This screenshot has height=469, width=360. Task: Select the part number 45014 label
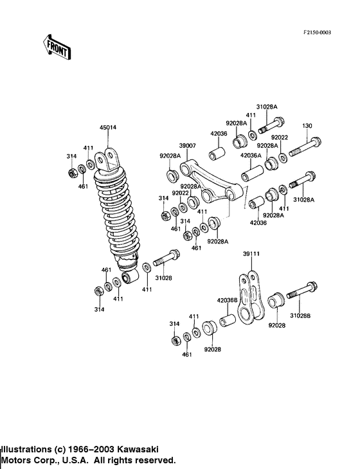pyautogui.click(x=108, y=128)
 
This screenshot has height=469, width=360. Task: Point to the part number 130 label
pyautogui.click(x=307, y=125)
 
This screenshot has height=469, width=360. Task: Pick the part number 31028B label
pyautogui.click(x=300, y=315)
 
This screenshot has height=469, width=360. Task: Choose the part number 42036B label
pyautogui.click(x=226, y=299)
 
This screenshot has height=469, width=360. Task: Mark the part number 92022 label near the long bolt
pyautogui.click(x=279, y=137)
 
